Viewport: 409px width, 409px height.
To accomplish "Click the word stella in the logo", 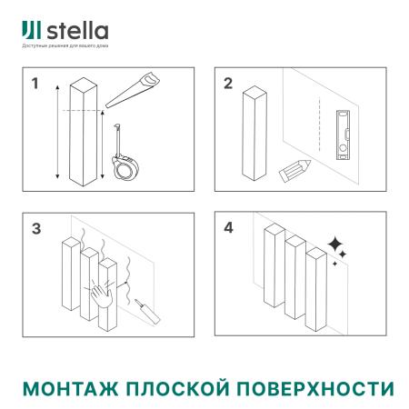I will [x=75, y=32].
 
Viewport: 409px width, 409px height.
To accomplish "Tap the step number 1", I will [x=35, y=85].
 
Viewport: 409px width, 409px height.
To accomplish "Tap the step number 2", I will [x=229, y=85].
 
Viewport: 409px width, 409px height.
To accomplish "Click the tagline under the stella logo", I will [x=65, y=46].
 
